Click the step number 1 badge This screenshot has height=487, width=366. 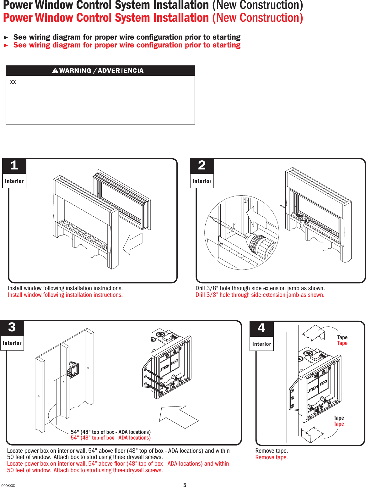pyautogui.click(x=14, y=166)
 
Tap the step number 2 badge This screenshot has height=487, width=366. pyautogui.click(x=202, y=166)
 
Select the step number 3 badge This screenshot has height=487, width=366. pyautogui.click(x=12, y=328)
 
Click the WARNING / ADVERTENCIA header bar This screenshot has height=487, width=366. pyautogui.click(x=100, y=71)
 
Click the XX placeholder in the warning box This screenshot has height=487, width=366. pyautogui.click(x=13, y=82)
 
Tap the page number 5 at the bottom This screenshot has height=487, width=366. pyautogui.click(x=185, y=485)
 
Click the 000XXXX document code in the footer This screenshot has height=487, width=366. pyautogui.click(x=8, y=485)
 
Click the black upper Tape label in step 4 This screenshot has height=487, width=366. pyautogui.click(x=342, y=337)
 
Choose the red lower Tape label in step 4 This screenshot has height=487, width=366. pyautogui.click(x=339, y=424)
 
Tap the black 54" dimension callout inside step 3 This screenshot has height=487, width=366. pyautogui.click(x=110, y=432)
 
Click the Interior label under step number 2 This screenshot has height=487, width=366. pyautogui.click(x=202, y=181)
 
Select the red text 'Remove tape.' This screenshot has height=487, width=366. pyautogui.click(x=272, y=457)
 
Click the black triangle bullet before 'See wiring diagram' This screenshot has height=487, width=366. pyautogui.click(x=6, y=37)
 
